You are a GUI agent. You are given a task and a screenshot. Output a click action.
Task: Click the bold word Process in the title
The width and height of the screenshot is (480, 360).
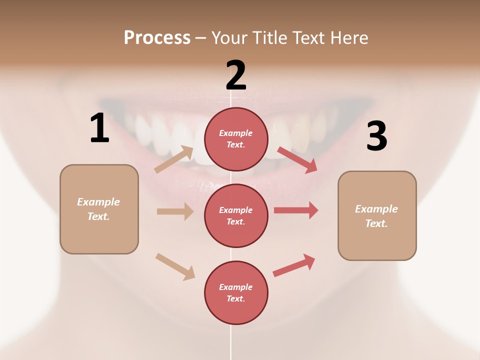tap(157, 37)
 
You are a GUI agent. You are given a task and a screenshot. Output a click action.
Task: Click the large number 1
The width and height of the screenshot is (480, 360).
tap(99, 128)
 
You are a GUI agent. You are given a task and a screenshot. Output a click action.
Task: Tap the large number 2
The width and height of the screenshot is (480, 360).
tap(236, 75)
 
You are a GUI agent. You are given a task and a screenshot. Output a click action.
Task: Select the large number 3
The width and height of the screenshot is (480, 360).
tap(377, 136)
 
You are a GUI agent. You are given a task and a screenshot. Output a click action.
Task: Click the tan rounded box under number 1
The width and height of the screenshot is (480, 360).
tap(99, 209)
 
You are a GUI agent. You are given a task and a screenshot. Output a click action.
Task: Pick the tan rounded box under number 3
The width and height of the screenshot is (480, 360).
tap(377, 216)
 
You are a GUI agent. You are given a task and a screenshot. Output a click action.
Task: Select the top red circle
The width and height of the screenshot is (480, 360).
tap(236, 139)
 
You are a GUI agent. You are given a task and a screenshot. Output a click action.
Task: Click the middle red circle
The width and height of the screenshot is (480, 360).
tap(236, 215)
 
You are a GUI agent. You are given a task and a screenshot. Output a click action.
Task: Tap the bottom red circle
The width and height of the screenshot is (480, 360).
tap(236, 292)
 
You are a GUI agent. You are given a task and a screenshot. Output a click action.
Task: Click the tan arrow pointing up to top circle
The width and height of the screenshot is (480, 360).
tap(174, 159)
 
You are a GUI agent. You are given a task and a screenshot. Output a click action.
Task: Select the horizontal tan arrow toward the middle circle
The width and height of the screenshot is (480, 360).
tap(175, 211)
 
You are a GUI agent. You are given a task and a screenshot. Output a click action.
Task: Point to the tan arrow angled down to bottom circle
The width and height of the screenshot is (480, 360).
tap(175, 266)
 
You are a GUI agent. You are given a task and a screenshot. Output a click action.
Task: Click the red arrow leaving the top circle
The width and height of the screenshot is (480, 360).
tap(297, 159)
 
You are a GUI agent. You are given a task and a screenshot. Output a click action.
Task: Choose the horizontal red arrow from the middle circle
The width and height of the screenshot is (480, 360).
tap(295, 210)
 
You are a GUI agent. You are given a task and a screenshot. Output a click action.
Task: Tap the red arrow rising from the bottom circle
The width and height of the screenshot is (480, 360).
tap(294, 265)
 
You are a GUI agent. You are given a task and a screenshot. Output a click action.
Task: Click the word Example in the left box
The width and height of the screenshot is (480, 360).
tap(98, 202)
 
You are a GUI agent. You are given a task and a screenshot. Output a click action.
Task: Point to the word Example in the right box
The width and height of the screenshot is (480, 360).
tap(376, 209)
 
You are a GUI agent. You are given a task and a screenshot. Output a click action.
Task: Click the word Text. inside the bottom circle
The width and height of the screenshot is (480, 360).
tap(236, 298)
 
